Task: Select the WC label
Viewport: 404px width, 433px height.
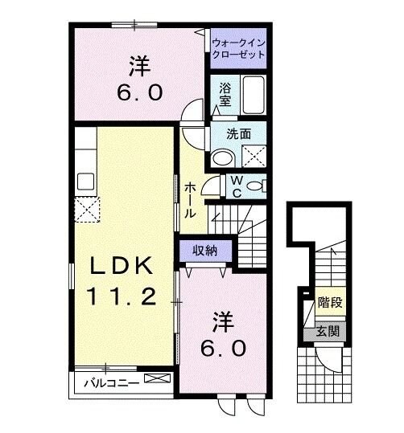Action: click(238, 186)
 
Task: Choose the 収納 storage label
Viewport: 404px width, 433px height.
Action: click(205, 251)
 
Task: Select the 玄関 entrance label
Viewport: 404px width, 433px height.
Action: click(328, 331)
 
